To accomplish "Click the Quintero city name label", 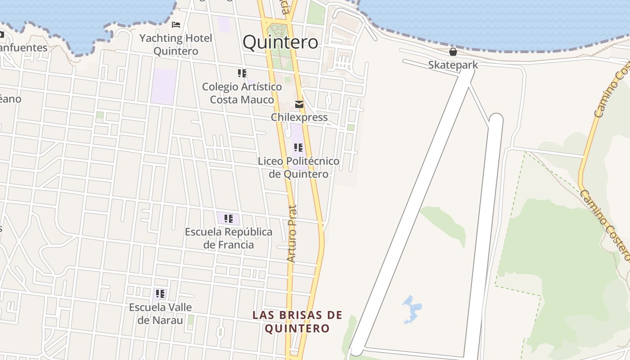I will pyautogui.click(x=280, y=42).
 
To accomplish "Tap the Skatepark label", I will pyautogui.click(x=453, y=65).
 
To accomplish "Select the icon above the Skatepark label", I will pyautogui.click(x=453, y=52).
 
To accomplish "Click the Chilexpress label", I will pyautogui.click(x=299, y=117).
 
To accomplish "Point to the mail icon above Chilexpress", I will pyautogui.click(x=299, y=105).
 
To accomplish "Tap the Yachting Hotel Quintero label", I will pyautogui.click(x=175, y=45).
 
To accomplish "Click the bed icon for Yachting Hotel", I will pyautogui.click(x=176, y=24).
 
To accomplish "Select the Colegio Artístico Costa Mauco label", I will pyautogui.click(x=242, y=93).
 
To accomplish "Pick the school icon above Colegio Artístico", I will pyautogui.click(x=242, y=73).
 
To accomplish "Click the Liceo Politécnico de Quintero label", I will pyautogui.click(x=298, y=167).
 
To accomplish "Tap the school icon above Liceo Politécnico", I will pyautogui.click(x=298, y=147).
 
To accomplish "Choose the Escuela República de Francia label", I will pyautogui.click(x=229, y=238).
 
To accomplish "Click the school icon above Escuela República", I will pyautogui.click(x=229, y=219).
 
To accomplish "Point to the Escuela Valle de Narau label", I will pyautogui.click(x=160, y=314).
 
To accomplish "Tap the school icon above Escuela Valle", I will pyautogui.click(x=160, y=294).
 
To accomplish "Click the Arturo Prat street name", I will pyautogui.click(x=292, y=234).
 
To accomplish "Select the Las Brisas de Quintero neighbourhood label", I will pyautogui.click(x=297, y=322).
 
